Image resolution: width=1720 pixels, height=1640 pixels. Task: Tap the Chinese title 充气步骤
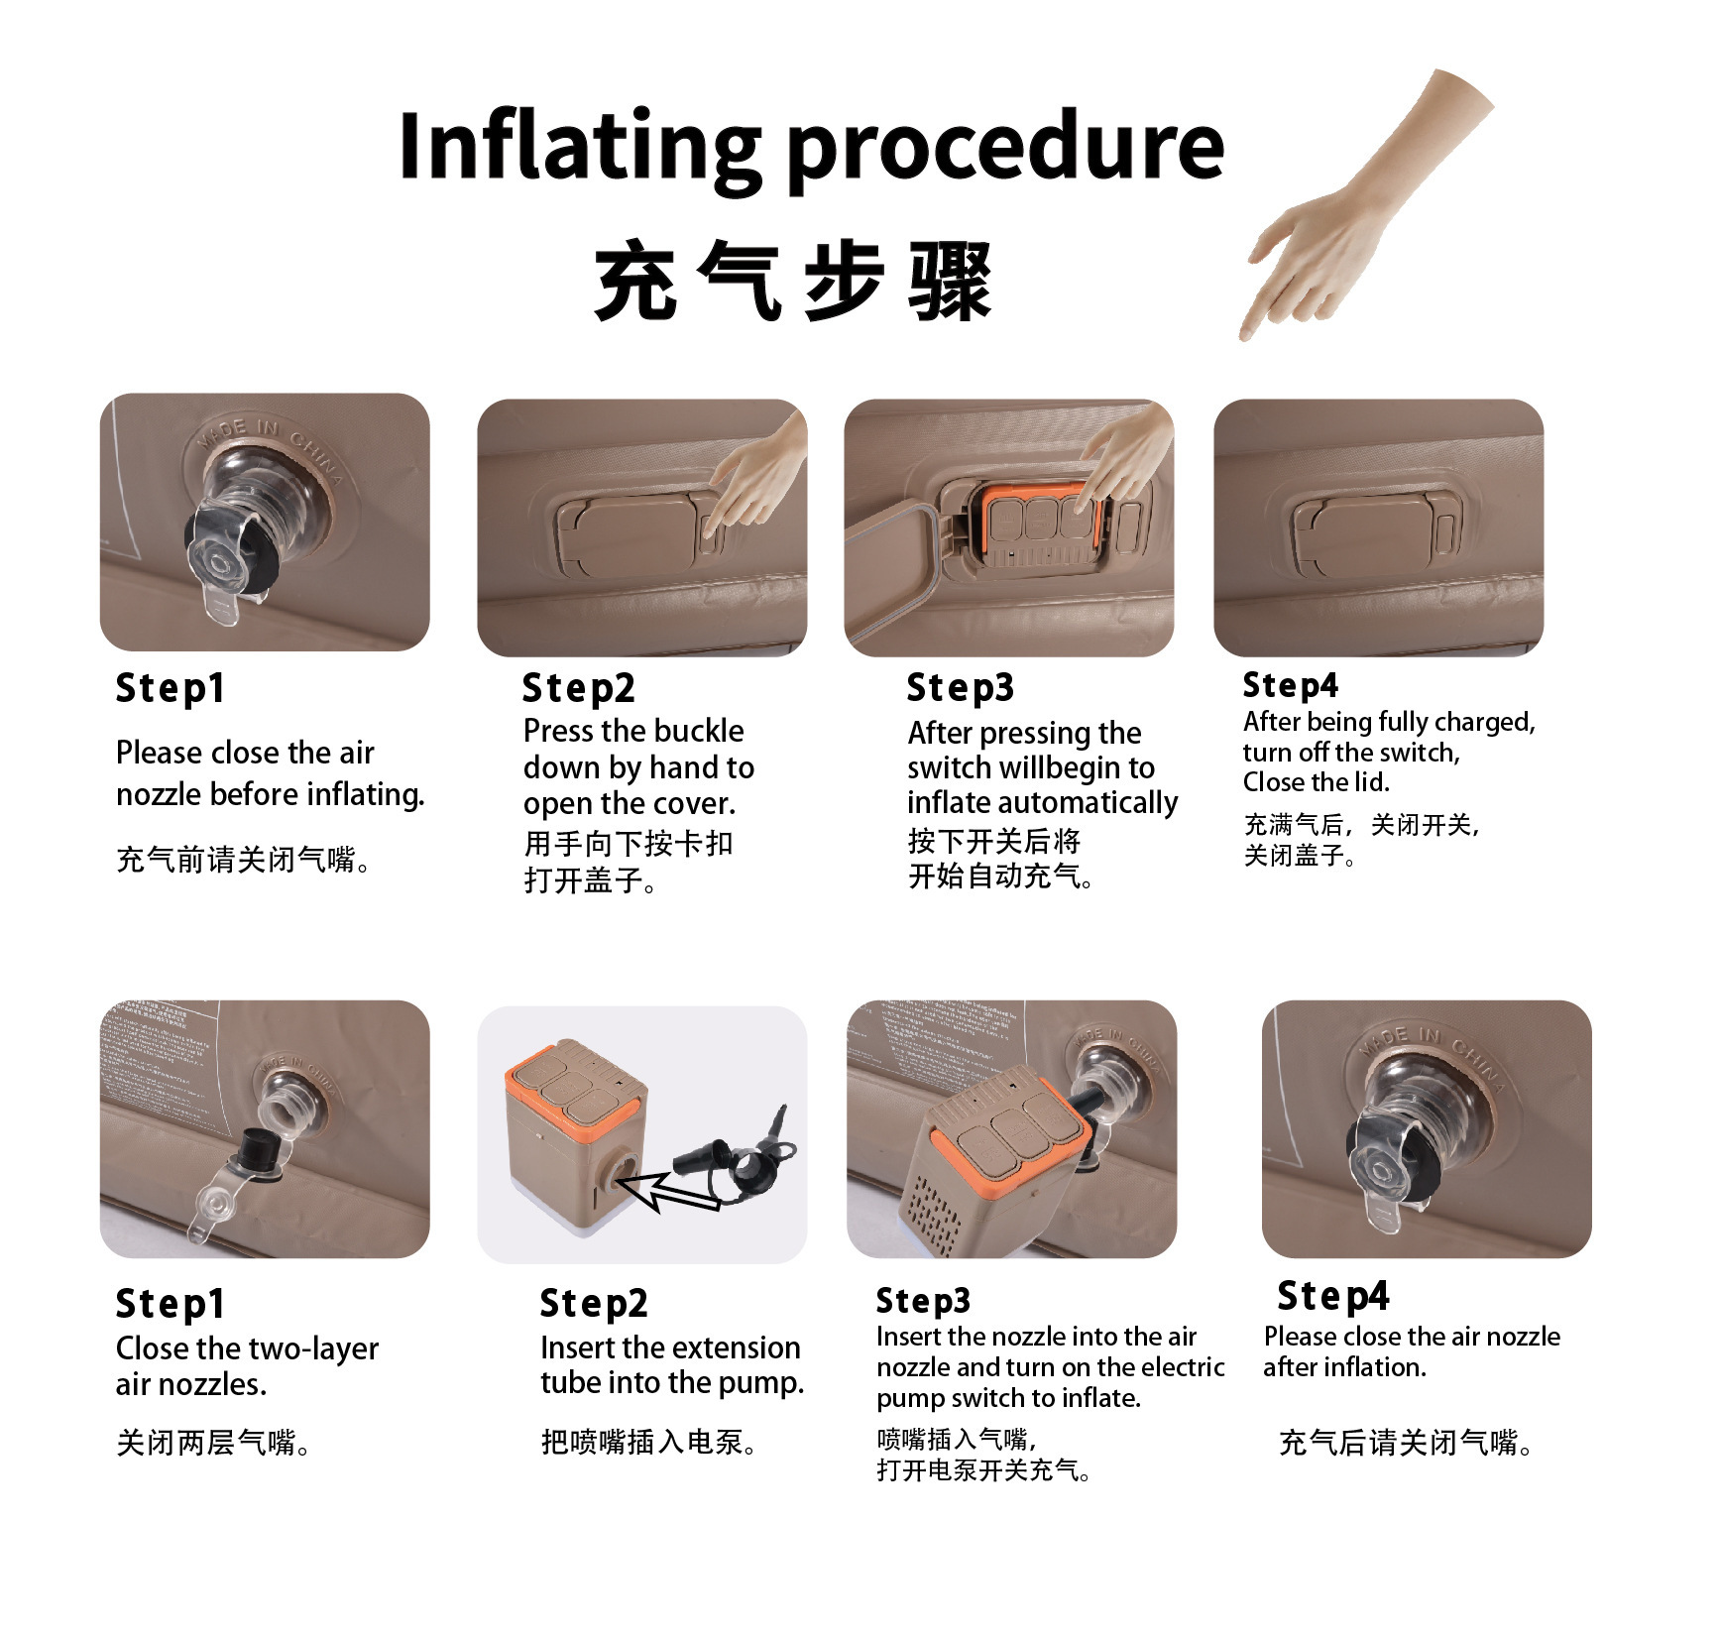pyautogui.click(x=793, y=282)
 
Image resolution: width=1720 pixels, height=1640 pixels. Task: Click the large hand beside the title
pyautogui.click(x=1366, y=203)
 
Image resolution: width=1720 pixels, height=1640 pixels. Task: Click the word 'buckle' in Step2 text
pyautogui.click(x=694, y=731)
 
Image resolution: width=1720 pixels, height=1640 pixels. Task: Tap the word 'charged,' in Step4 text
pyautogui.click(x=1485, y=722)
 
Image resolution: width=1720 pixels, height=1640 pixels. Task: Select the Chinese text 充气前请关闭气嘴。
pyautogui.click(x=245, y=859)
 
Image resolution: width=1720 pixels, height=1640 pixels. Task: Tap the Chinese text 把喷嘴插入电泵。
pyautogui.click(x=649, y=1441)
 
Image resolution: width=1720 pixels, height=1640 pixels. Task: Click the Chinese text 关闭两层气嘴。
pyautogui.click(x=214, y=1442)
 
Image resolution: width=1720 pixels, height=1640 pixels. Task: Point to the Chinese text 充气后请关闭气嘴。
pyautogui.click(x=1406, y=1442)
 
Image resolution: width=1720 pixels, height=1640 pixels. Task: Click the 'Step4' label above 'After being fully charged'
pyautogui.click(x=1291, y=685)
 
